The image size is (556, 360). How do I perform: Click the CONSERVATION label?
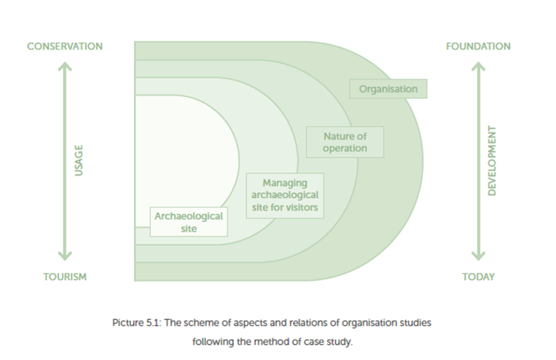coord(65,46)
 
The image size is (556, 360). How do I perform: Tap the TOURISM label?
coord(65,277)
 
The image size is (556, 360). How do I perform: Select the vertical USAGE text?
coord(79,160)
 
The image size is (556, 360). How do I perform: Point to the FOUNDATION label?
coord(478,46)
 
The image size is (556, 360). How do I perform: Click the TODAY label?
coord(478,277)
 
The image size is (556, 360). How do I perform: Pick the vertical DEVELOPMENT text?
coord(492,161)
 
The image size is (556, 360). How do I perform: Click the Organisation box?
coord(388,89)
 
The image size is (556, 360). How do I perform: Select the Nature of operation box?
coord(345,142)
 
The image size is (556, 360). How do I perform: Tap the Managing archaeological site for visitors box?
coord(285,195)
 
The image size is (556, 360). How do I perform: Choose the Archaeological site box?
coord(189,222)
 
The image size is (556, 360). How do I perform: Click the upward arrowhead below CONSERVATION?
coord(65,65)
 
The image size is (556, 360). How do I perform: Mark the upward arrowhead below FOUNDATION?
coord(478,65)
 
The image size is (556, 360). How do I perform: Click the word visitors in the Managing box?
coord(302,207)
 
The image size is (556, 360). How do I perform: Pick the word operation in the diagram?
coord(345,149)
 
